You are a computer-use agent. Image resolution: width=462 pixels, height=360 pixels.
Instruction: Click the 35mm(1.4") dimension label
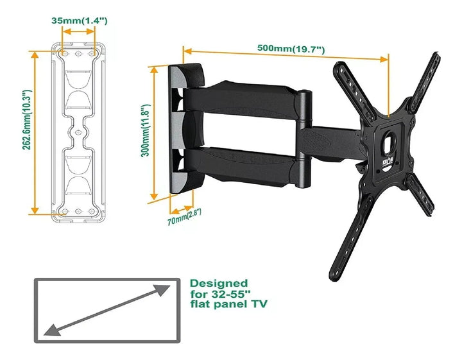79,21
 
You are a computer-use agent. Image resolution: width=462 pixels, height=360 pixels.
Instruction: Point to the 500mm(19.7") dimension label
291,49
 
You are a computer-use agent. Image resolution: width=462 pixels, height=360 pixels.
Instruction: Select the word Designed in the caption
219,283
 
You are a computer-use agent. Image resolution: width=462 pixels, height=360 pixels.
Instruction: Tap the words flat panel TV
228,305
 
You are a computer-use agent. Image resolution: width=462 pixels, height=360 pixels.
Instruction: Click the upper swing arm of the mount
244,97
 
